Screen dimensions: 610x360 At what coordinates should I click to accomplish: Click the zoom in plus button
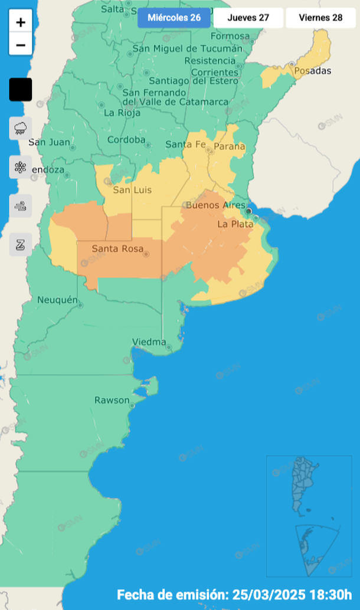[x=21, y=22]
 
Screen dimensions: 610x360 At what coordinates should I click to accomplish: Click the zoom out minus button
[x=21, y=44]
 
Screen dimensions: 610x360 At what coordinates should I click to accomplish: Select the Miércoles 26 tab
[x=174, y=18]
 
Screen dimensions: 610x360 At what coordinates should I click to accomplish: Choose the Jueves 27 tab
[x=248, y=18]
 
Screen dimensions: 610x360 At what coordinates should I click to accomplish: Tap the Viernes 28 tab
[x=320, y=18]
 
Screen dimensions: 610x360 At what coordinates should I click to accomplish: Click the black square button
[x=21, y=90]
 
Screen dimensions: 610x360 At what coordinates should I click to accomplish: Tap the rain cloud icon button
[x=21, y=128]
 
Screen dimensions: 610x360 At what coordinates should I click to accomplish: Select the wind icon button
[x=21, y=206]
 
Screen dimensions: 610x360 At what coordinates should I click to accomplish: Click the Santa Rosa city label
[x=117, y=249]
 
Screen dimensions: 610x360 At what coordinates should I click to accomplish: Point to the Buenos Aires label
[x=215, y=205]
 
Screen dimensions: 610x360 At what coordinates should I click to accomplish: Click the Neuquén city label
[x=57, y=300]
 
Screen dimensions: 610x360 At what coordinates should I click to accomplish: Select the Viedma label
[x=149, y=342]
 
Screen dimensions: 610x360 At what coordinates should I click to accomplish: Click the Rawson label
[x=112, y=401]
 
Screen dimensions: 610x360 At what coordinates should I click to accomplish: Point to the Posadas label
[x=312, y=71]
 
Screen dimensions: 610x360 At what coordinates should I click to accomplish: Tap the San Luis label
[x=132, y=190]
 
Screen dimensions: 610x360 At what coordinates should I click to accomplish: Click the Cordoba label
[x=126, y=140]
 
